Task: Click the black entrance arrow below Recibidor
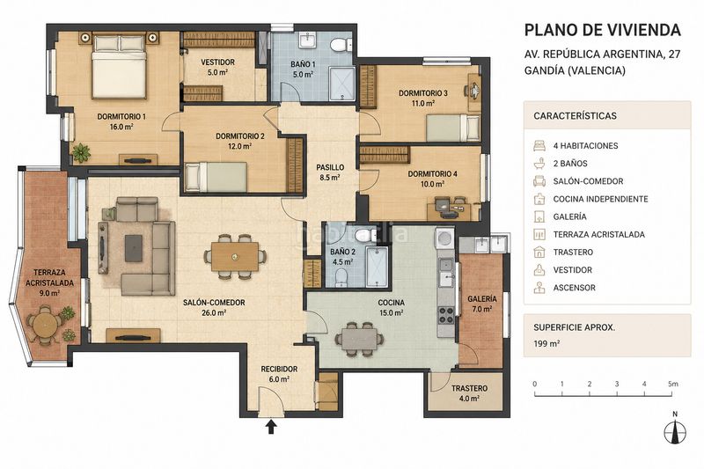pos(271,427)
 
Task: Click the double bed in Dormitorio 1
pos(120,67)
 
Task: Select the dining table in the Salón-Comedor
pos(235,257)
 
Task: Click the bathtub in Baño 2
pos(377,267)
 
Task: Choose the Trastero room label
pos(469,392)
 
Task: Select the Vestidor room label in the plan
pos(217,67)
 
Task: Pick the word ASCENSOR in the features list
pos(575,288)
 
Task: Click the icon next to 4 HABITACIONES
pos(539,145)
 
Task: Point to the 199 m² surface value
pos(546,344)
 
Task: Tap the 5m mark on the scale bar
pos(672,385)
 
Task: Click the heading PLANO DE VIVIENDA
pos(603,30)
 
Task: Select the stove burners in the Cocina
pos(446,314)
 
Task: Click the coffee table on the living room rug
pos(134,248)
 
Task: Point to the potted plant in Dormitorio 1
pos(81,152)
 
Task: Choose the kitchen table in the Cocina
pos(359,339)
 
